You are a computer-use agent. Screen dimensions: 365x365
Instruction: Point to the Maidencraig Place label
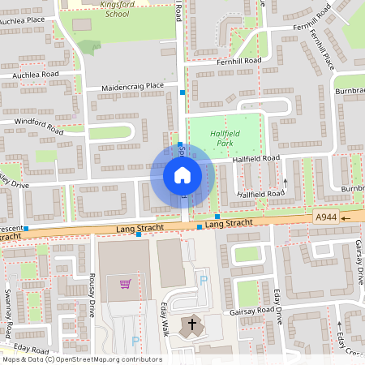(133, 86)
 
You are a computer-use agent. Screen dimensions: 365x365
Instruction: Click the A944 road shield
(325, 217)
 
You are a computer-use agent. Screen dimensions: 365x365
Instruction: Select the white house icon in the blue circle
(182, 174)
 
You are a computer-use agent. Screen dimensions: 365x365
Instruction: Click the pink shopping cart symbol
(126, 283)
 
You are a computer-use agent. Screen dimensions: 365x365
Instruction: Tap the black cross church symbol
(192, 325)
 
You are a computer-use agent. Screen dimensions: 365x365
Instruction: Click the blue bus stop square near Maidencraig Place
(182, 93)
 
